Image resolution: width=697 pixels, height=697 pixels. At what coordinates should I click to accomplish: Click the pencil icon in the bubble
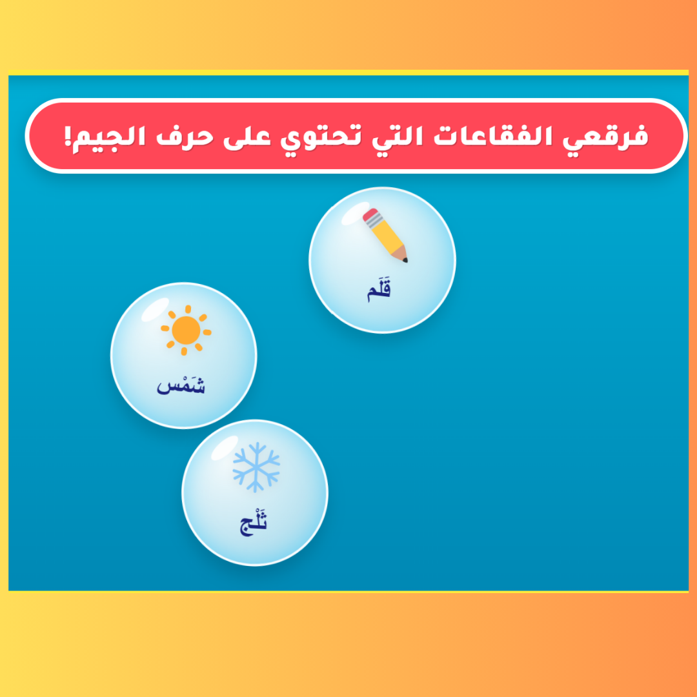tap(385, 235)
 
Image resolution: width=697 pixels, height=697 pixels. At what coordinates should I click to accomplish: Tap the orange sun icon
tap(186, 330)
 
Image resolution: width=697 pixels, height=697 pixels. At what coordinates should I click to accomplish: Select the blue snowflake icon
tap(256, 467)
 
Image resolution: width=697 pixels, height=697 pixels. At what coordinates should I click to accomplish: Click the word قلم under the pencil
tap(379, 289)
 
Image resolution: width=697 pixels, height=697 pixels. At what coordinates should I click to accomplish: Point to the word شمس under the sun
tap(181, 384)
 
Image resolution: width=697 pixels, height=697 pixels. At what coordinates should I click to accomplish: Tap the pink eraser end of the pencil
tap(370, 215)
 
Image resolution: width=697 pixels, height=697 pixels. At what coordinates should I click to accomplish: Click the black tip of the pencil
tap(405, 259)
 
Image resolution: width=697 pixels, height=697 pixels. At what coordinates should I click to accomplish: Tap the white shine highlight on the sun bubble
tap(155, 309)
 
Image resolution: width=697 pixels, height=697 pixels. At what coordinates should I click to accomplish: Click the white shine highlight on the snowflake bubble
tap(225, 448)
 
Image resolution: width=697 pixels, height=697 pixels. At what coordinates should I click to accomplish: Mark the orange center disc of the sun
tap(186, 330)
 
